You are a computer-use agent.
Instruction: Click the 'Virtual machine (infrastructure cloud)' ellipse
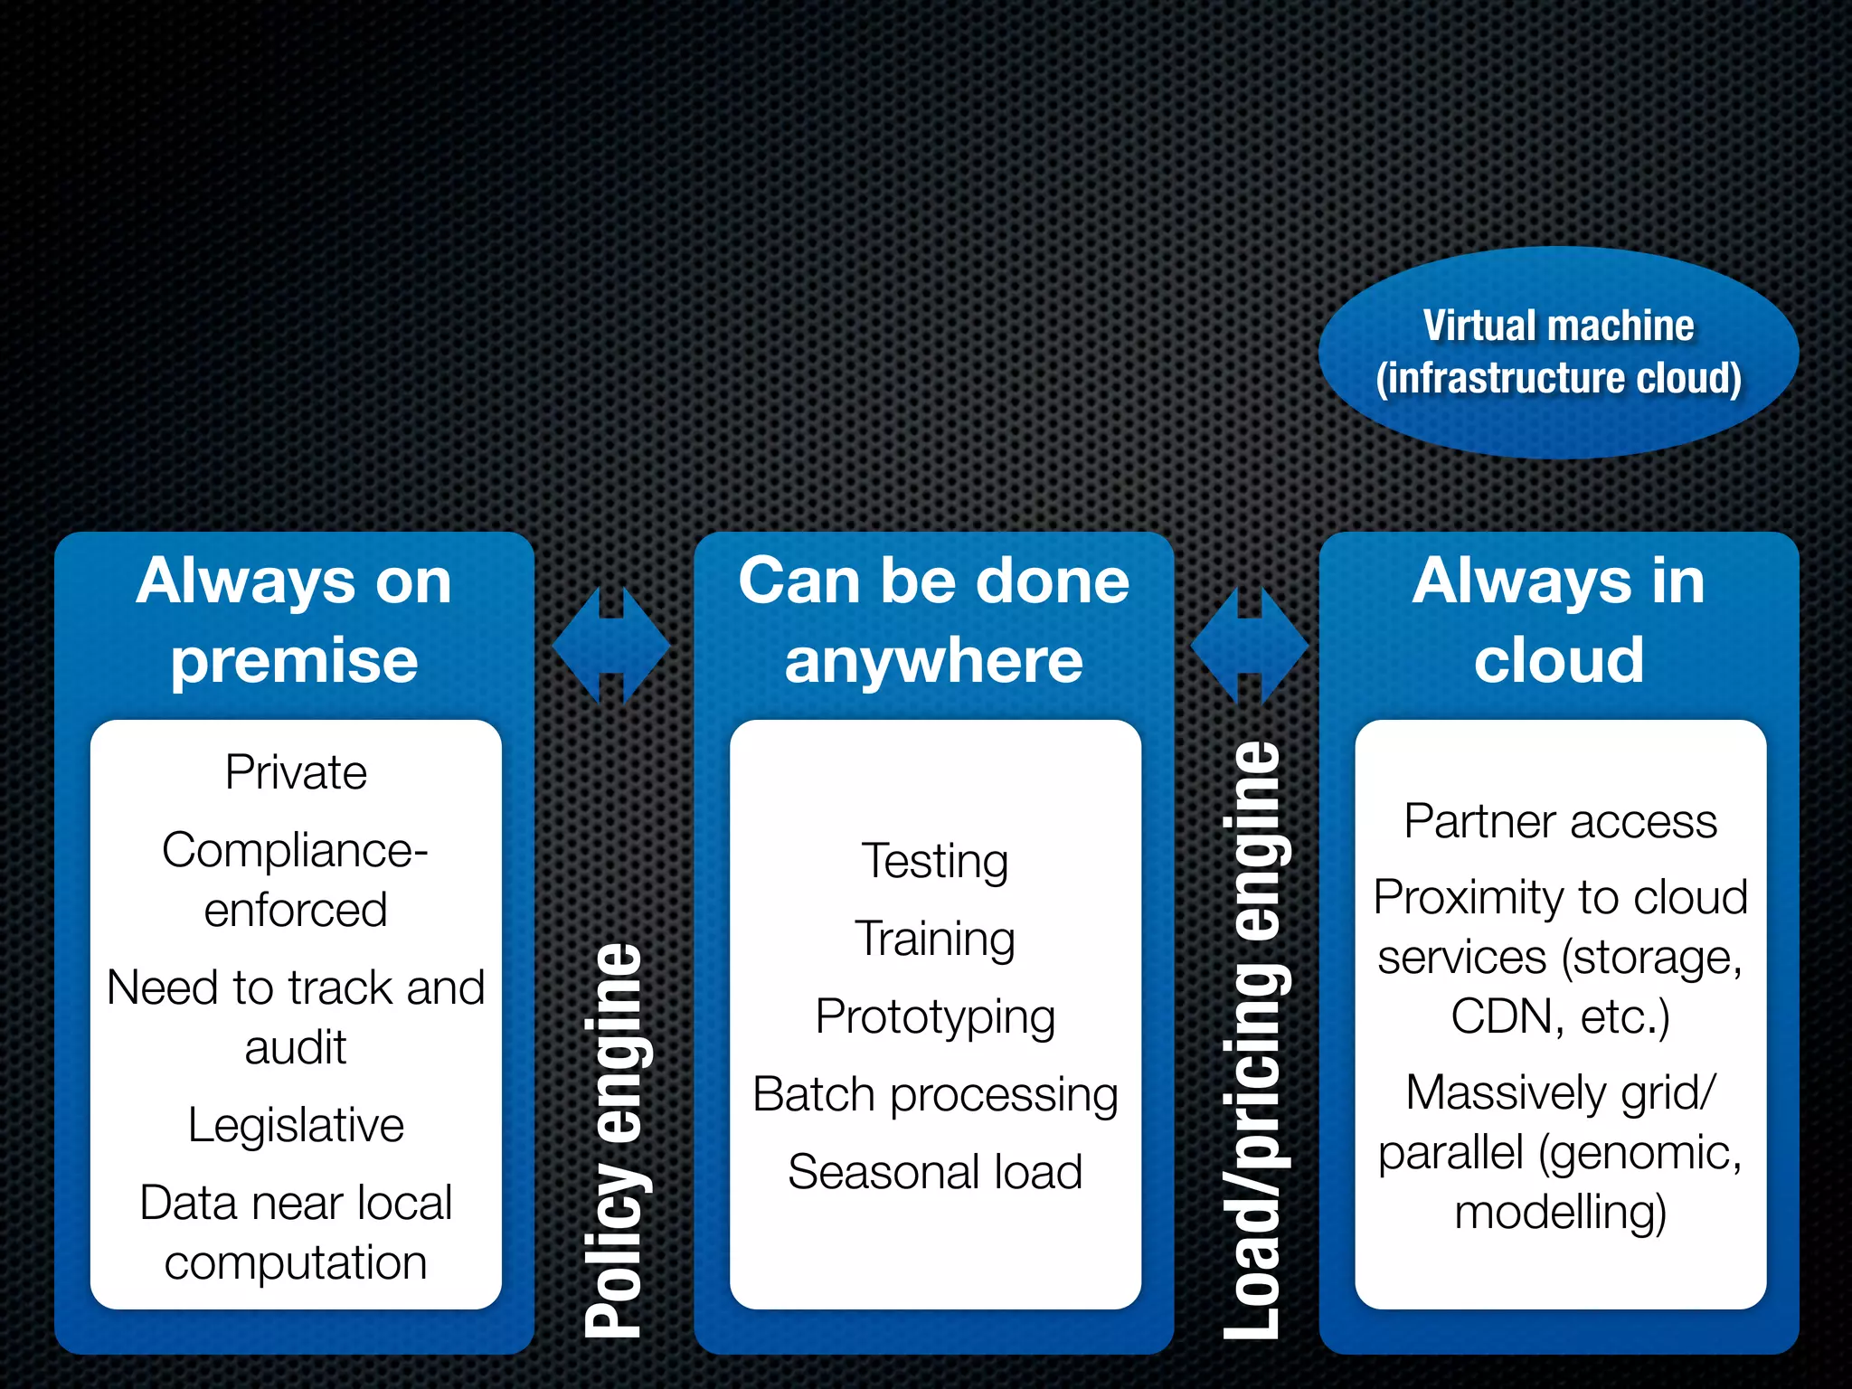[x=1557, y=353]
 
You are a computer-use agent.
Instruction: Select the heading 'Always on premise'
[x=294, y=620]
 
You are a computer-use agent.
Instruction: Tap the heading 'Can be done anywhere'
[x=933, y=620]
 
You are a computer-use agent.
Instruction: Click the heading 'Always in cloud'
[x=1558, y=620]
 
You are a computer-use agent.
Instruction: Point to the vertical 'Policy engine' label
[x=613, y=1139]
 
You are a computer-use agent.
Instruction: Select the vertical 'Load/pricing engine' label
[x=1252, y=1040]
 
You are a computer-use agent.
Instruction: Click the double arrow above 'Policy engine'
[x=611, y=646]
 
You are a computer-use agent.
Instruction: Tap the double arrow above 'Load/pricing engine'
[x=1250, y=646]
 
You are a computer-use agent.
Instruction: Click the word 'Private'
[x=296, y=772]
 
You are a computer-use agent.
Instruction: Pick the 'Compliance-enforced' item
[x=296, y=879]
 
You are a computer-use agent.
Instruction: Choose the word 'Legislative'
[x=296, y=1126]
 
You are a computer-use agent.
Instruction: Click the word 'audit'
[x=296, y=1048]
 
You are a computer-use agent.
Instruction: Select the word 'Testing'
[x=935, y=861]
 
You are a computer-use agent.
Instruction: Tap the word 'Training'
[x=935, y=939]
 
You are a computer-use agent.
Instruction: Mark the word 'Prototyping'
[x=935, y=1017]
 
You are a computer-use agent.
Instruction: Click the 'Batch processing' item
[x=935, y=1095]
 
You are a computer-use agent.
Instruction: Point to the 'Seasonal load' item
[x=935, y=1173]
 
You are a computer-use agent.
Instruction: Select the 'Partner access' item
[x=1560, y=822]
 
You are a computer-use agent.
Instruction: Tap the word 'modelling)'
[x=1560, y=1213]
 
